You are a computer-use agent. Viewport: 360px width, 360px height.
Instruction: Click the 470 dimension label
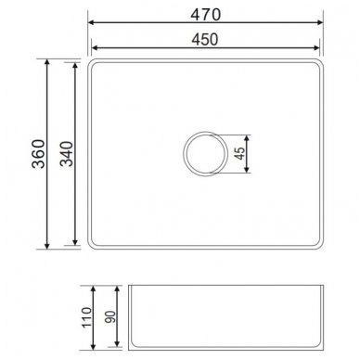(206, 14)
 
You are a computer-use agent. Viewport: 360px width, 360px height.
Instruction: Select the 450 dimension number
(205, 39)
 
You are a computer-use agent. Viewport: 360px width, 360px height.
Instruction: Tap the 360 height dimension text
(39, 154)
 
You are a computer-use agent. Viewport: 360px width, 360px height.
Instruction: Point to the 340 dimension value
(67, 154)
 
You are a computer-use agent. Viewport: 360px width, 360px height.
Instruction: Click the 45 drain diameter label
(239, 153)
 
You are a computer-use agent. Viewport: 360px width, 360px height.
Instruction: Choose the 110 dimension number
(86, 317)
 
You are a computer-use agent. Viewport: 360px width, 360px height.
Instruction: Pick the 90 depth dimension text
(110, 317)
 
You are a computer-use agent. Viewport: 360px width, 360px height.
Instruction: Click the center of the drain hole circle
(205, 154)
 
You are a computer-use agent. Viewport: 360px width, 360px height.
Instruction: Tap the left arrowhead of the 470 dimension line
(91, 22)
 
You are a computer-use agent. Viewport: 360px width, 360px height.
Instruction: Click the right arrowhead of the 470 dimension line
(320, 22)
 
